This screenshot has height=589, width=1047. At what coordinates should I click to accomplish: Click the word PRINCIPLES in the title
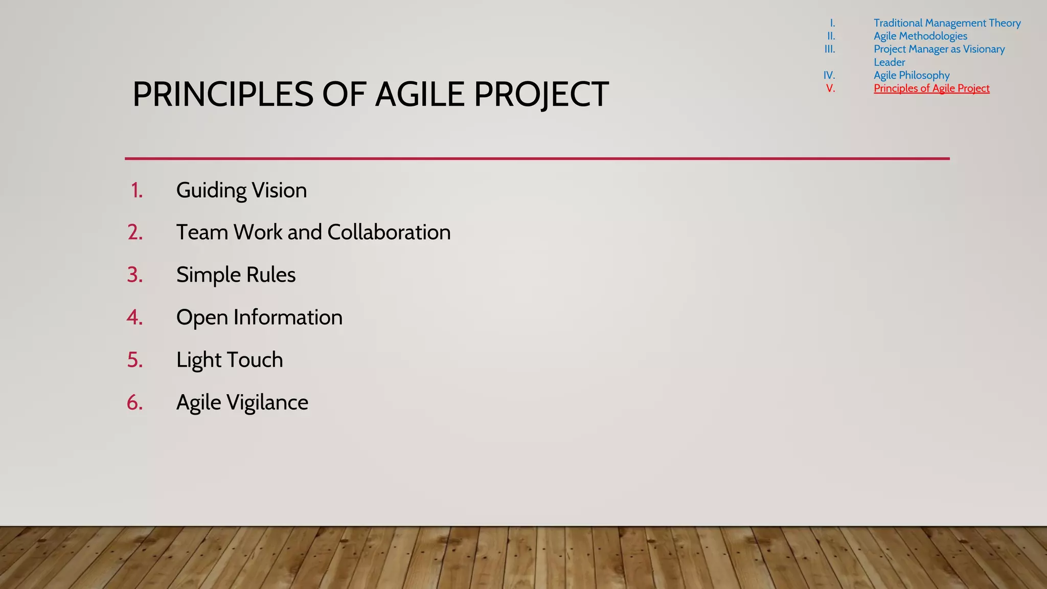pos(222,95)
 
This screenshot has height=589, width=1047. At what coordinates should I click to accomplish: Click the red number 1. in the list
pos(136,190)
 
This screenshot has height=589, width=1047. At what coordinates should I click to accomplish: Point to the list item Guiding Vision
pos(241,190)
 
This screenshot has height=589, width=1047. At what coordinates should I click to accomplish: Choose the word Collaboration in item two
pos(389,232)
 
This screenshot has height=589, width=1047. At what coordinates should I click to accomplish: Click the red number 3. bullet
pos(135,275)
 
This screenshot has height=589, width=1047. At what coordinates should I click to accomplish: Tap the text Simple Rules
pos(236,275)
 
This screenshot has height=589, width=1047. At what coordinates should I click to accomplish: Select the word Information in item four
pos(288,318)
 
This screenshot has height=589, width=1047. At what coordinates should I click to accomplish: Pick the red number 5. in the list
pos(135,360)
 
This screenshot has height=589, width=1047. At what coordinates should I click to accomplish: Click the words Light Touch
pos(230,360)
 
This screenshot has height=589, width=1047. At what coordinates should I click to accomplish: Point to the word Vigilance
pos(267,402)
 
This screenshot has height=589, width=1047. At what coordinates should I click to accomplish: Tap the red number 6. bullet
pos(135,402)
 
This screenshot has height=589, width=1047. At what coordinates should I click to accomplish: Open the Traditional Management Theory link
pos(947,23)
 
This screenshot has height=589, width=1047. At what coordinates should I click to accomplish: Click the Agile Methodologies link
pos(920,36)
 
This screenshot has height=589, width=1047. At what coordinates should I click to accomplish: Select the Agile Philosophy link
pos(912,75)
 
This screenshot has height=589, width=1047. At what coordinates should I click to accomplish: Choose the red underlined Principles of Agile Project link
pos(931,88)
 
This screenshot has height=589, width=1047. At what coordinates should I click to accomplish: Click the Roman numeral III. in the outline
pos(830,49)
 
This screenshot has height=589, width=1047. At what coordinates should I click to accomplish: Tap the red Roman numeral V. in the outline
pos(830,88)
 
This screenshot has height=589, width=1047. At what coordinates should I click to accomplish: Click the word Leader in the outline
pos(889,62)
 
